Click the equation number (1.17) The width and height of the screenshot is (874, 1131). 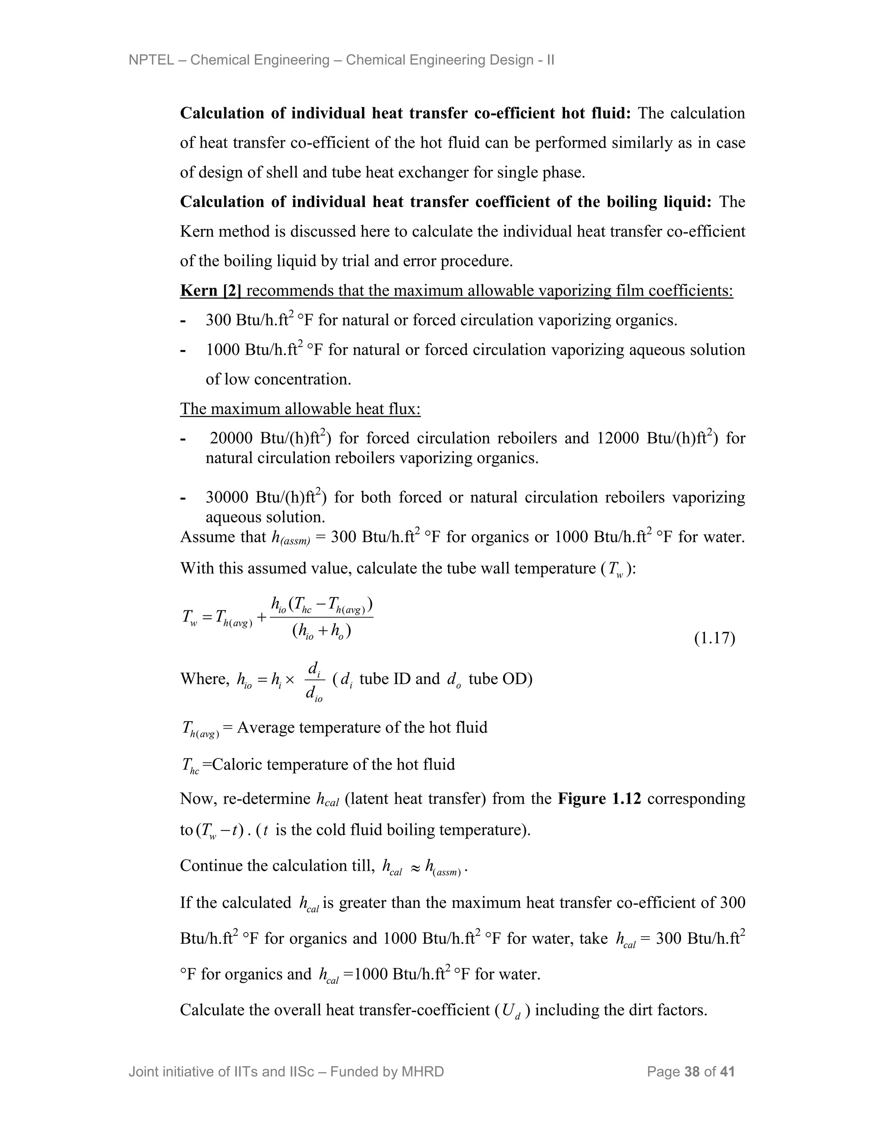714,638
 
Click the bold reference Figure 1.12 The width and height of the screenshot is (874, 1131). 599,799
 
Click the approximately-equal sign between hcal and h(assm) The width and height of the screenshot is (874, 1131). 414,866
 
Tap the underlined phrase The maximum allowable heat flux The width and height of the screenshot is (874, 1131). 300,409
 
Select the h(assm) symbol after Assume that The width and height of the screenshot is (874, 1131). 291,537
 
